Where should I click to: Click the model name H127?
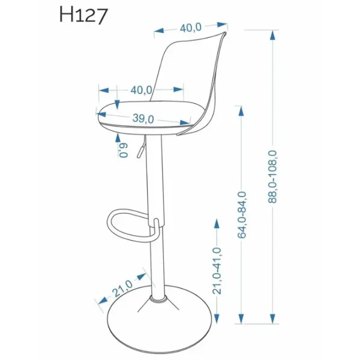click(83, 15)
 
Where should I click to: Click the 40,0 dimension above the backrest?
click(191, 28)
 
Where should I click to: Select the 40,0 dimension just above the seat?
click(141, 90)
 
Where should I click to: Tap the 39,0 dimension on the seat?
click(143, 118)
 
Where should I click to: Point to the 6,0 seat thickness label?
click(124, 150)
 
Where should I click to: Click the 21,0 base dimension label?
click(122, 288)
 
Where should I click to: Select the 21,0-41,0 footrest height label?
click(217, 271)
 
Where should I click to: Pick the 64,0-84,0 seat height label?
click(242, 215)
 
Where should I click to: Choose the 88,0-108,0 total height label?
click(273, 177)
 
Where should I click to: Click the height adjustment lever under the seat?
click(141, 147)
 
